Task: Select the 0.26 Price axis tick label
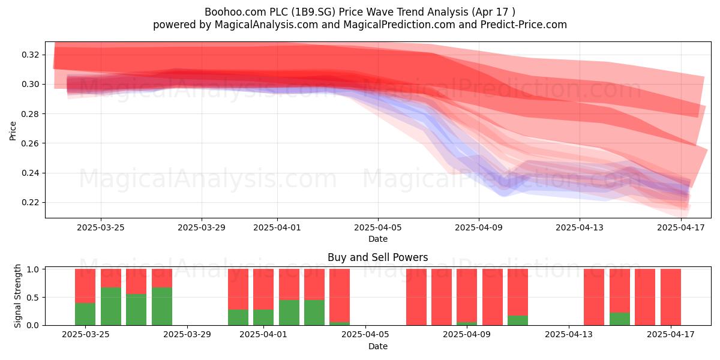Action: [x=30, y=143]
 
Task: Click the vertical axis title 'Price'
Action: [x=13, y=131]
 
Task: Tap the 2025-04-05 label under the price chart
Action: [x=377, y=227]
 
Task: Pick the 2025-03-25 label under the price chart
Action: [x=101, y=227]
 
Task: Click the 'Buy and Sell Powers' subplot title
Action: [x=377, y=257]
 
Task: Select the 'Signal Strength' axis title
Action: [x=17, y=296]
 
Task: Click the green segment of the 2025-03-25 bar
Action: [x=85, y=314]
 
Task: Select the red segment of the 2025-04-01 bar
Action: [x=263, y=289]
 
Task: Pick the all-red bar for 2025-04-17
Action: [x=671, y=297]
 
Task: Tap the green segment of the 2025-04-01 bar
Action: [x=263, y=317]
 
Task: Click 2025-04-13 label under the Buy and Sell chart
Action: [x=569, y=335]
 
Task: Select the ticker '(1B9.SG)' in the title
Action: [x=313, y=12]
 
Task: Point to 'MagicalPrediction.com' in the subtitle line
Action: [x=399, y=25]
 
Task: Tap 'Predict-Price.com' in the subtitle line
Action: [x=524, y=25]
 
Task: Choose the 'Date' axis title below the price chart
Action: [x=377, y=239]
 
